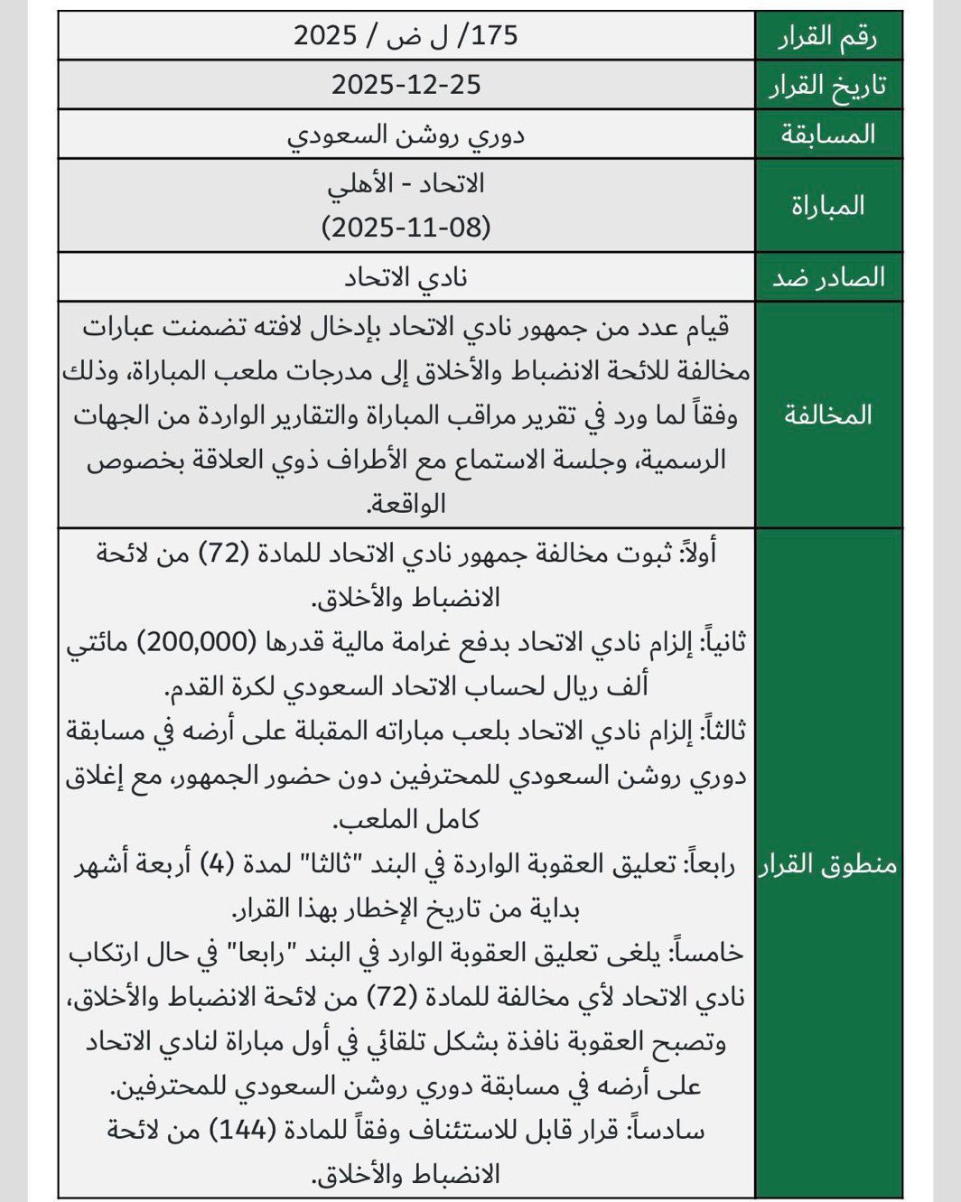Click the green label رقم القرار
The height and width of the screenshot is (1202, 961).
point(828,36)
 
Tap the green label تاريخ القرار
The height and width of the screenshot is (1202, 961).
point(828,86)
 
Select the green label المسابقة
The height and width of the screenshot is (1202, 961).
point(828,135)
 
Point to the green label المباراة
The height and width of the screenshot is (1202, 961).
point(828,206)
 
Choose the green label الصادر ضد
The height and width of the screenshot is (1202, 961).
point(828,277)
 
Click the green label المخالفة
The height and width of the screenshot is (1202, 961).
point(828,415)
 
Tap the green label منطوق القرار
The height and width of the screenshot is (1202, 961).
point(828,864)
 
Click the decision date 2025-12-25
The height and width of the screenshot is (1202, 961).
point(406,85)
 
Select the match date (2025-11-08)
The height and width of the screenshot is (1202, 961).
point(406,227)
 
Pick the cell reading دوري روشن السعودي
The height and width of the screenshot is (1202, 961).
point(406,135)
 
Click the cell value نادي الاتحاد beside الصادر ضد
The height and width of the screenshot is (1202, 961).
point(406,277)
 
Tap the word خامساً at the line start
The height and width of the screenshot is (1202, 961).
point(713,953)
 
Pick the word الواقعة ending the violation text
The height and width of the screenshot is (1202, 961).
point(406,503)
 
